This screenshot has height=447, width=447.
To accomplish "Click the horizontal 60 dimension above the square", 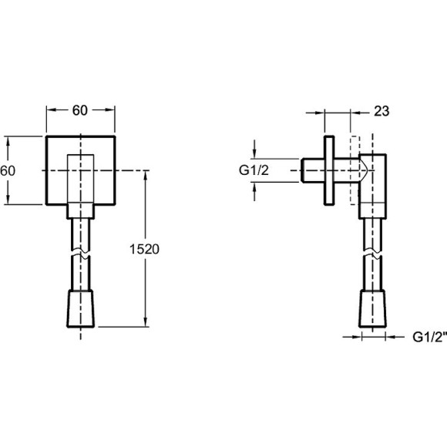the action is (80, 110).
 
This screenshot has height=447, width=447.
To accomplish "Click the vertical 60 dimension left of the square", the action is (8, 171).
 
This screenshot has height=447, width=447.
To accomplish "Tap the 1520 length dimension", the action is (144, 249).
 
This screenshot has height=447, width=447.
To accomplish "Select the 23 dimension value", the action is (381, 111).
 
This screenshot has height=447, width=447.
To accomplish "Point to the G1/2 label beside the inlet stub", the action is (254, 170).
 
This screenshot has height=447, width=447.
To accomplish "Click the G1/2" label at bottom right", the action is (429, 338).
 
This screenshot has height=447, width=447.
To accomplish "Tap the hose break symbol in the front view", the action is (81, 254).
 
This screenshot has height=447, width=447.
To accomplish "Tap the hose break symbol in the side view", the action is (372, 254).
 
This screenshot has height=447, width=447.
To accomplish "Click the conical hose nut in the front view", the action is (81, 309).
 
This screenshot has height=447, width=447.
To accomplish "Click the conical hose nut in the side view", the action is (372, 309).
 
